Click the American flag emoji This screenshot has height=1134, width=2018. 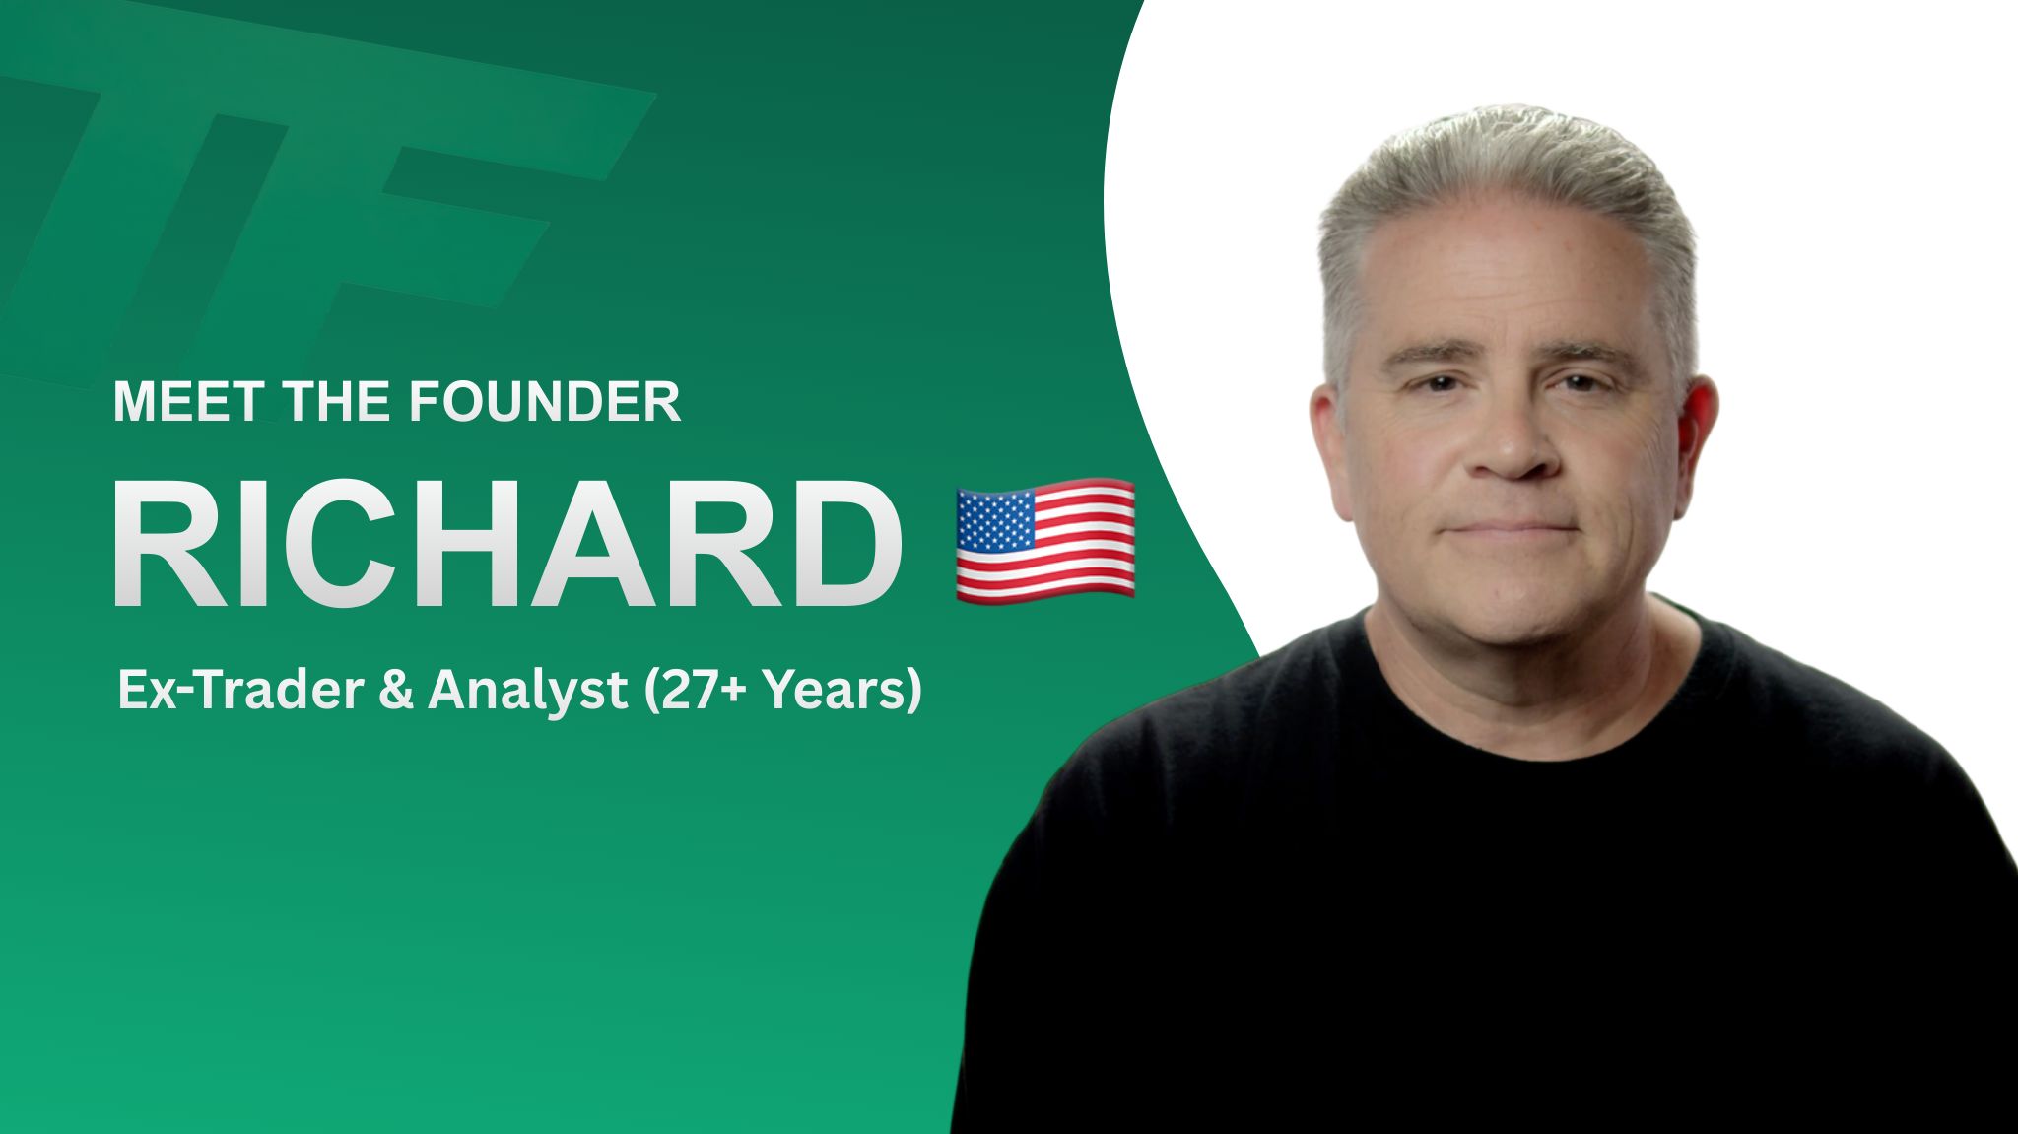(x=1045, y=539)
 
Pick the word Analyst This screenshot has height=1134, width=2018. (x=528, y=691)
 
